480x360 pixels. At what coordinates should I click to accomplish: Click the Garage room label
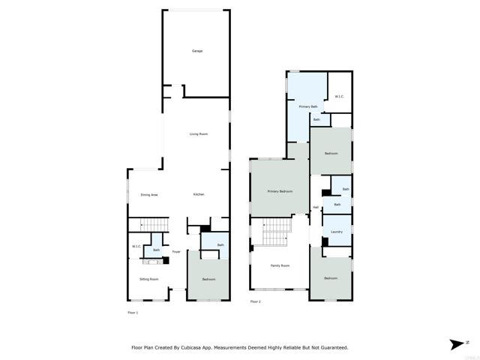pyautogui.click(x=197, y=51)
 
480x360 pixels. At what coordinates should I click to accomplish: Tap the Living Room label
pyautogui.click(x=198, y=134)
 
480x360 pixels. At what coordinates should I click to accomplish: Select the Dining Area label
pyautogui.click(x=149, y=195)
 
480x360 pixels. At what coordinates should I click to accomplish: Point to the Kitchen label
pyautogui.click(x=199, y=195)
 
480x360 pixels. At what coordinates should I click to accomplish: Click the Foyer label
pyautogui.click(x=176, y=252)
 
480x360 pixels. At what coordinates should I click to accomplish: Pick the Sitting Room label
pyautogui.click(x=149, y=279)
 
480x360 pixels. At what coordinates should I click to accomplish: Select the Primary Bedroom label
pyautogui.click(x=280, y=192)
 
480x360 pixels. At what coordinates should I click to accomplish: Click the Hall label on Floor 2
pyautogui.click(x=316, y=208)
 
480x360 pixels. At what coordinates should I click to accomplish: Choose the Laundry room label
pyautogui.click(x=337, y=232)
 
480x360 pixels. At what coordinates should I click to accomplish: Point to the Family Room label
pyautogui.click(x=280, y=265)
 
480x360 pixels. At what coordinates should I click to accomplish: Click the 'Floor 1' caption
pyautogui.click(x=133, y=312)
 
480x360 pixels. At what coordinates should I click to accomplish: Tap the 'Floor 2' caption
pyautogui.click(x=256, y=301)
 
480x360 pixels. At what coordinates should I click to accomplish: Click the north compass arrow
pyautogui.click(x=457, y=344)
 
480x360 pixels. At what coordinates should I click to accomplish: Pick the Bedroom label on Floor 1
pyautogui.click(x=208, y=280)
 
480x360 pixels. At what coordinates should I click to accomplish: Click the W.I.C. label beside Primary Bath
pyautogui.click(x=339, y=97)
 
